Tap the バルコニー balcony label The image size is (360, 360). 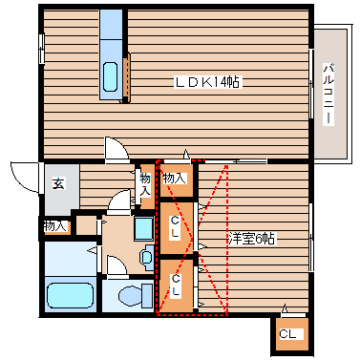click(x=328, y=94)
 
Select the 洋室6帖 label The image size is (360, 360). click(x=252, y=239)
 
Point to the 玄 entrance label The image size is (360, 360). click(x=57, y=184)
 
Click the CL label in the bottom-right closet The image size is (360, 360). click(x=288, y=335)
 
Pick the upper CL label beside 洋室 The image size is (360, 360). click(x=175, y=227)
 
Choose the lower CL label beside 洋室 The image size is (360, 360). click(x=175, y=284)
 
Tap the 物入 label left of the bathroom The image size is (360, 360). click(x=55, y=226)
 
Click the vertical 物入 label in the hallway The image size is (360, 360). click(x=145, y=184)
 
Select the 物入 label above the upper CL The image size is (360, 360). click(x=174, y=178)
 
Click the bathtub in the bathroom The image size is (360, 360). click(x=69, y=297)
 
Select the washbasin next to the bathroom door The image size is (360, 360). click(x=146, y=256)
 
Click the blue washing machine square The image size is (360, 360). click(x=143, y=229)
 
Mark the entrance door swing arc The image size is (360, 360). click(x=21, y=175)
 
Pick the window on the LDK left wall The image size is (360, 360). click(x=41, y=48)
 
